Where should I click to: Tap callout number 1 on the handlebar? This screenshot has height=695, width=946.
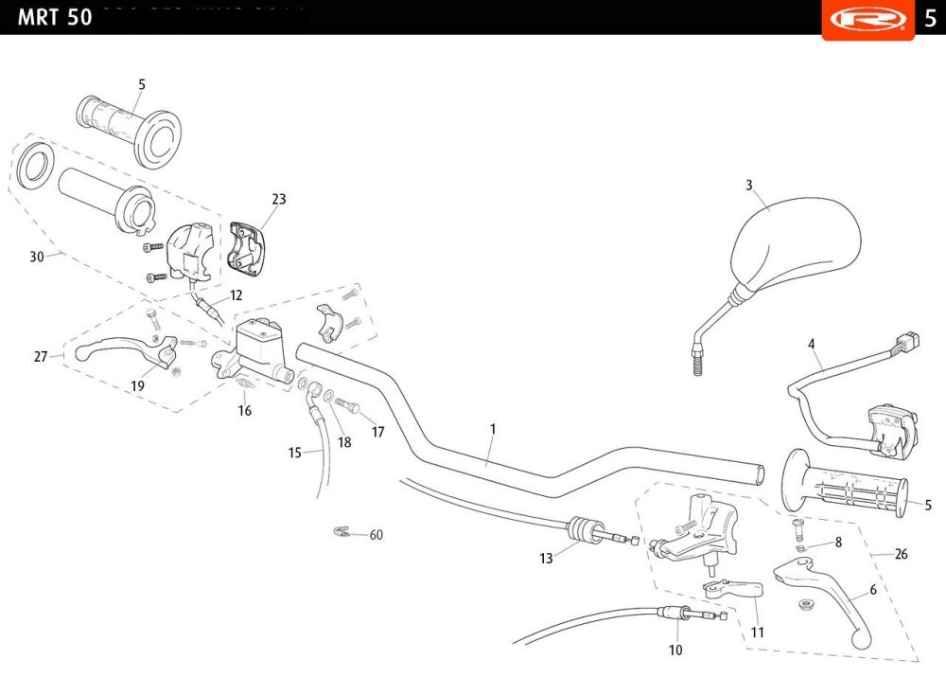[493, 429]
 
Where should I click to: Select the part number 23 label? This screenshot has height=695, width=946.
[278, 199]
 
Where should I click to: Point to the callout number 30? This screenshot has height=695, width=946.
[37, 256]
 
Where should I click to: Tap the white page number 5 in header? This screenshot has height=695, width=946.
[930, 18]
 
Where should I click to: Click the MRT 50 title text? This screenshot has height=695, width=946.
[55, 17]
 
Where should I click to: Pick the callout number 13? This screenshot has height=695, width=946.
[546, 559]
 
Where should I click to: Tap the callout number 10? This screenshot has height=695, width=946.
[675, 650]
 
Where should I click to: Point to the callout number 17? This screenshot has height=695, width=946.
[378, 432]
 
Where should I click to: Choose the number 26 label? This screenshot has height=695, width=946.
[901, 554]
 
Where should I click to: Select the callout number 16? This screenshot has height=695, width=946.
[245, 411]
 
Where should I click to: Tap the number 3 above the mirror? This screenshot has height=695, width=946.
[749, 185]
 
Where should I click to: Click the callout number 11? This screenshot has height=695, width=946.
[758, 632]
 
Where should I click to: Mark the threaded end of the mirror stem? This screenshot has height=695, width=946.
[698, 362]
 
